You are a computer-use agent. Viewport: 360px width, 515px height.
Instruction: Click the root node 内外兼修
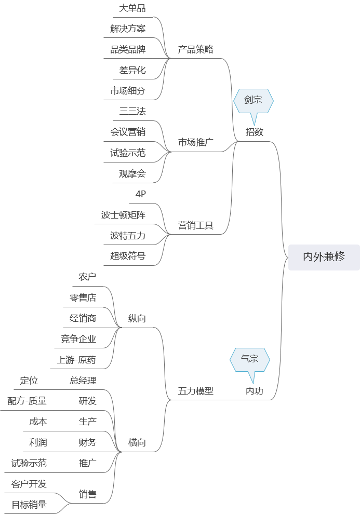[324, 257]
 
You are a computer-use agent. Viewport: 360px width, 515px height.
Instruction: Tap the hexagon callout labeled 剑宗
[253, 101]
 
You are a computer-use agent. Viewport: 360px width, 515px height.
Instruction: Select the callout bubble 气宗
[250, 359]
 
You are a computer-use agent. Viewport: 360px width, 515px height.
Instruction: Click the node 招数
[255, 132]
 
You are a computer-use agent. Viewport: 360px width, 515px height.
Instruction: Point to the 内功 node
[255, 391]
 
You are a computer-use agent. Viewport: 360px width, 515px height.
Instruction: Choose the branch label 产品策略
[196, 50]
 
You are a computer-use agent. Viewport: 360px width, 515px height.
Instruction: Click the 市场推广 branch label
[196, 143]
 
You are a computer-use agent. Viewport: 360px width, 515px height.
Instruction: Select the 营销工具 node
[196, 226]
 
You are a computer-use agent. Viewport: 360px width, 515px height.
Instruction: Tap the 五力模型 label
[196, 391]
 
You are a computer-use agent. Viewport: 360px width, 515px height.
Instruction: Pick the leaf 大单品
[132, 8]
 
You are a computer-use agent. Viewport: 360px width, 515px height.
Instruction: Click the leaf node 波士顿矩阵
[123, 215]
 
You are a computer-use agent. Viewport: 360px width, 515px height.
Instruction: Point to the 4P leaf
[140, 194]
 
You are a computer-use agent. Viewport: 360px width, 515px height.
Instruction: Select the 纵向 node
[137, 319]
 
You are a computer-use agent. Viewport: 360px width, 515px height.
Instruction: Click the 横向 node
[137, 443]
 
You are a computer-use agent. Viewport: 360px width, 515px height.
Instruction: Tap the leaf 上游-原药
[76, 360]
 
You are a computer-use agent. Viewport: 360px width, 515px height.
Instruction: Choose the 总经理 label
[83, 381]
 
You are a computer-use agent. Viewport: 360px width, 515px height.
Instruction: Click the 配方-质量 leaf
[27, 401]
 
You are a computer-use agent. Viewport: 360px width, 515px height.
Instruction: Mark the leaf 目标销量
[29, 504]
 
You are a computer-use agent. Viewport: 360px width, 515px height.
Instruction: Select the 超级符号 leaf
[128, 256]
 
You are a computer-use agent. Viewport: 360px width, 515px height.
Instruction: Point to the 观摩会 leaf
[132, 173]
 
